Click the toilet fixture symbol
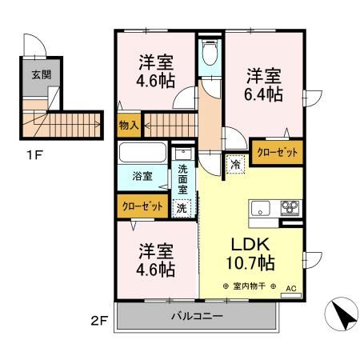(x=210, y=55)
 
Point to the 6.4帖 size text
(x=263, y=95)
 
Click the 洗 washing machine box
(x=183, y=206)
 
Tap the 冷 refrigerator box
(x=235, y=162)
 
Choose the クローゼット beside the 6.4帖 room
(x=277, y=151)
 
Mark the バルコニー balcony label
(x=197, y=315)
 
